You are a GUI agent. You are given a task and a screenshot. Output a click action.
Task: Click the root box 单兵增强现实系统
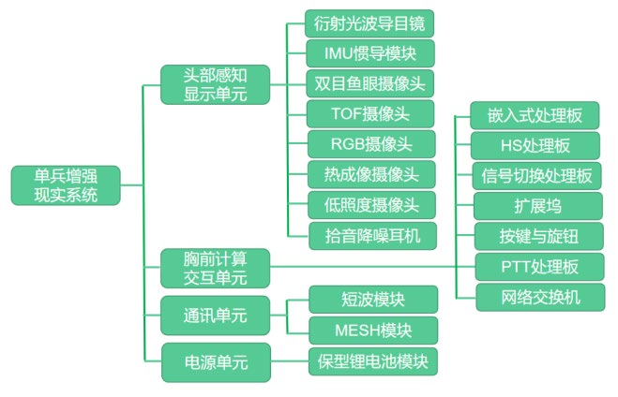65,185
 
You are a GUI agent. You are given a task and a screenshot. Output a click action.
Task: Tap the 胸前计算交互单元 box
215,267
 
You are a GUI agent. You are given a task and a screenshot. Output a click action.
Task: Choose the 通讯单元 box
215,315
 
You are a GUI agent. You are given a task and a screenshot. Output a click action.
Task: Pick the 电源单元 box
215,361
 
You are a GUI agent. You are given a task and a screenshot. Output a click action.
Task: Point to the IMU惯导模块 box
371,53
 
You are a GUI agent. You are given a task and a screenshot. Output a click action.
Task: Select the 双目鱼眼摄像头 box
371,83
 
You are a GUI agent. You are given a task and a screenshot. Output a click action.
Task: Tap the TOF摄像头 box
371,113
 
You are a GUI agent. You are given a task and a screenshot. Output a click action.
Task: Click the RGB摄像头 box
371,143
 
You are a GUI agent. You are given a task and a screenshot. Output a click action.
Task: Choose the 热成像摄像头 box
371,173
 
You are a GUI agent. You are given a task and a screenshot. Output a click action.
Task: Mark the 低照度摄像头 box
371,204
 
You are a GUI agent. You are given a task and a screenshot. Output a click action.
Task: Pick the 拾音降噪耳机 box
371,234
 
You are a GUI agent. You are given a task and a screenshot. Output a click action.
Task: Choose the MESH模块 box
371,331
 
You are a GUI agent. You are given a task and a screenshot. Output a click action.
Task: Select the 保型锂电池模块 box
371,360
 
